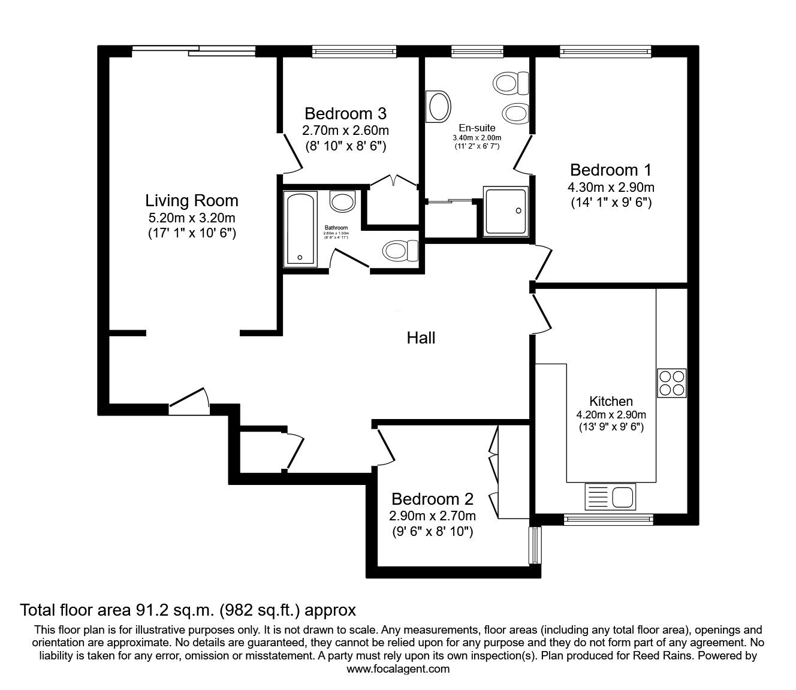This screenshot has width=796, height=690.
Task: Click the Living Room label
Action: pos(191,200)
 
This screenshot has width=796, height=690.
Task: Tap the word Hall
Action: pos(421,338)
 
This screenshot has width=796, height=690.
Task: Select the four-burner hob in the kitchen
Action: pos(671,383)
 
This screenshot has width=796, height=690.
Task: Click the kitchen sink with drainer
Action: pos(610,496)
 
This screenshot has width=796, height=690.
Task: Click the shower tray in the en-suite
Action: pos(506,210)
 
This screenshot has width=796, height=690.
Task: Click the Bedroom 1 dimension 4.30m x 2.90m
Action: pos(611,187)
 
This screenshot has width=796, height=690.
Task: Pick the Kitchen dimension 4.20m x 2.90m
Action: pos(611,414)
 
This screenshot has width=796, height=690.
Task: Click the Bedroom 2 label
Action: pos(432,499)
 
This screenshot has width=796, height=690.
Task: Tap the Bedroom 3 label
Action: pos(345,113)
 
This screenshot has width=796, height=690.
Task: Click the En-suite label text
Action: pos(477,128)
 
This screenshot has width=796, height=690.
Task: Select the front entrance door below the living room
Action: pos(189,402)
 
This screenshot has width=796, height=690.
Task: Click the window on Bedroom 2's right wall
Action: pos(535,545)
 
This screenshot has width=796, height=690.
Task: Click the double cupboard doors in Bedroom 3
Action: pos(393,181)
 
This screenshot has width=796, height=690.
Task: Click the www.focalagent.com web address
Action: pos(398,669)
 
